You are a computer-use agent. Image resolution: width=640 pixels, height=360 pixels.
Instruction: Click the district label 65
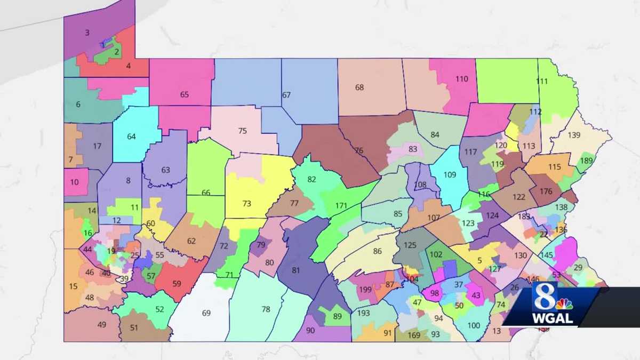point(185,95)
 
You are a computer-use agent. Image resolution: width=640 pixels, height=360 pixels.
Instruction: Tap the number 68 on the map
point(359,87)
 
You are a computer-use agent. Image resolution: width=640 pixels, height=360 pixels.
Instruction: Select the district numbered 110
point(462,79)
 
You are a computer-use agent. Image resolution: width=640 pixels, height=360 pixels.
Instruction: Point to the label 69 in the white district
point(206,313)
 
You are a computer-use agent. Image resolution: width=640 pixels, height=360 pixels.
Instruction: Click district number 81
point(296,270)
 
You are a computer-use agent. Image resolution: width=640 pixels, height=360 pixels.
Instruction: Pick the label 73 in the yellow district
point(246,204)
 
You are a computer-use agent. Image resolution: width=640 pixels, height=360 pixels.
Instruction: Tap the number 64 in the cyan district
point(131,137)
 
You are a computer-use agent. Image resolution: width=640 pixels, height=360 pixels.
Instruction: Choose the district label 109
point(450,174)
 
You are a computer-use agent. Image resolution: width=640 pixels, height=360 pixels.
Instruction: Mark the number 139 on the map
point(574,135)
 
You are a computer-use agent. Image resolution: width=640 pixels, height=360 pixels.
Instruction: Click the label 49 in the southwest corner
point(102,325)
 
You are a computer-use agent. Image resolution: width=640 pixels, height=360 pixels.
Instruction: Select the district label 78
point(266,309)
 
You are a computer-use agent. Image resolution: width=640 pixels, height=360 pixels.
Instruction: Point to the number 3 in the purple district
point(87,33)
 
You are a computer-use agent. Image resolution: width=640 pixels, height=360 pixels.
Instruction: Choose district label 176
point(546,191)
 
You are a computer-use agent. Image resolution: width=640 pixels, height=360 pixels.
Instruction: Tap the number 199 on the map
point(365,290)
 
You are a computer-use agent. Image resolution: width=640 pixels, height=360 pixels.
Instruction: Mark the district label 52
point(159,309)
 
